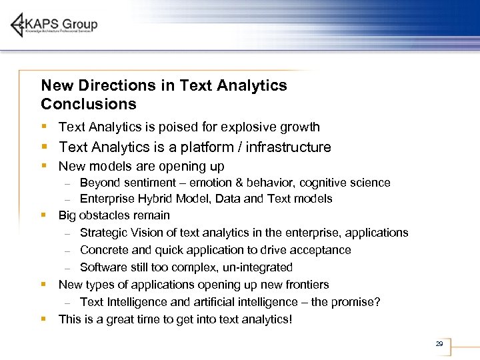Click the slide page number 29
(x=439, y=344)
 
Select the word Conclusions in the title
(x=88, y=104)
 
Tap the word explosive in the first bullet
(x=240, y=127)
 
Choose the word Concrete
(x=103, y=250)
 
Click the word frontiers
(x=305, y=285)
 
